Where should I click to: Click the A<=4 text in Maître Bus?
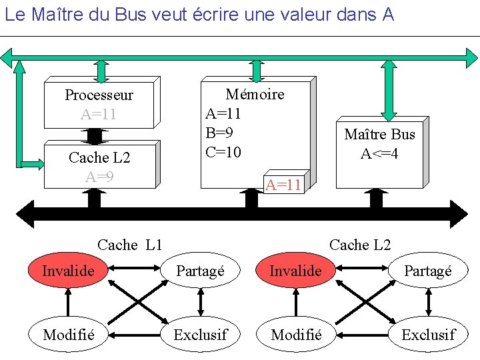coord(380,154)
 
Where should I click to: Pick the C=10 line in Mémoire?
coord(223,152)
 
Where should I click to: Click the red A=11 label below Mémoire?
coord(284,185)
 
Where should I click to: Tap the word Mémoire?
coord(255,94)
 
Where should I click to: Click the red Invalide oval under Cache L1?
coord(68,270)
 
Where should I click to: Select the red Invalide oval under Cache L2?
coord(295,271)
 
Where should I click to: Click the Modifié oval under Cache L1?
coord(68,334)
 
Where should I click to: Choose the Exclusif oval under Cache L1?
coord(200,334)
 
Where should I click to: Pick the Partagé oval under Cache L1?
coord(200,271)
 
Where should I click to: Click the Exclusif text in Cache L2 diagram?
coord(428,334)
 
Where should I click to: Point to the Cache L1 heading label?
coord(130,245)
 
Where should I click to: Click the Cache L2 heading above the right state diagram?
coord(360,245)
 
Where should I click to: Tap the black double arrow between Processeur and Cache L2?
coord(95,135)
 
